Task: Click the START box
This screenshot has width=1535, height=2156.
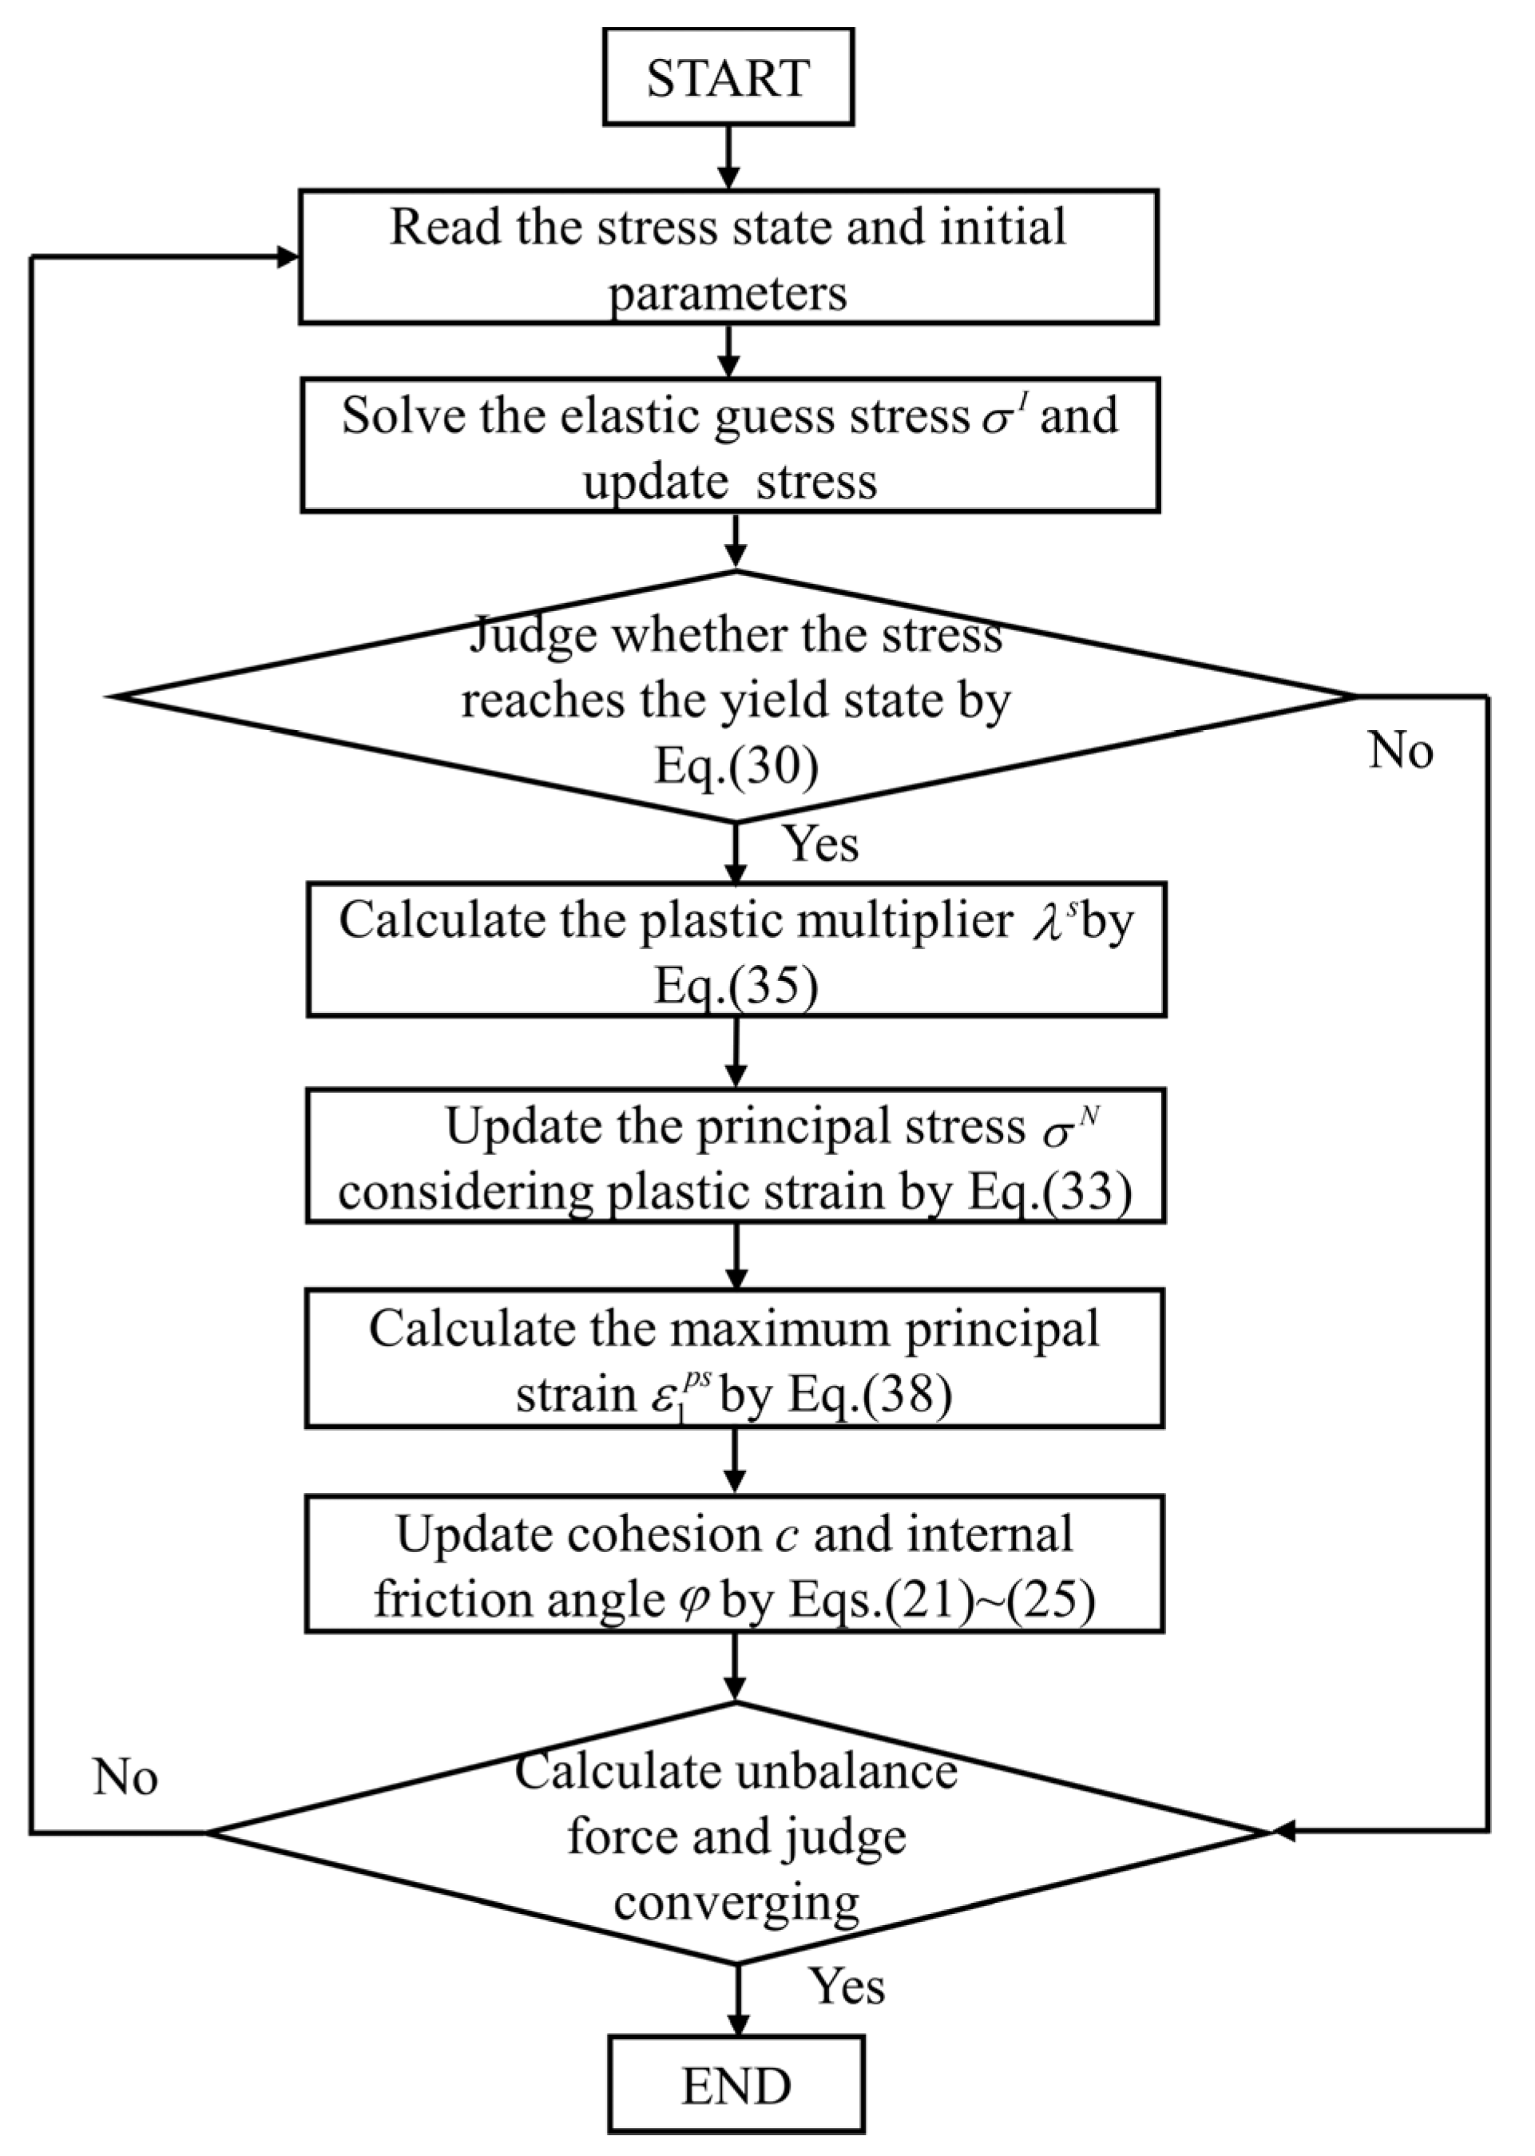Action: (x=728, y=77)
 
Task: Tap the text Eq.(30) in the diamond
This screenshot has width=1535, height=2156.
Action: (x=736, y=767)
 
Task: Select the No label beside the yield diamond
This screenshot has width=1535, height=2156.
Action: (x=1400, y=752)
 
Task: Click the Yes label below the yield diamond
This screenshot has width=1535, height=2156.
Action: (x=821, y=844)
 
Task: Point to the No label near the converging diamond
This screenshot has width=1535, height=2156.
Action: (x=125, y=1778)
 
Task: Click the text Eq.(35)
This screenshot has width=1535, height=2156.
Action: (x=736, y=986)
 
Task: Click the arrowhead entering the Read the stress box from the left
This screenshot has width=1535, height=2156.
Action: (x=288, y=257)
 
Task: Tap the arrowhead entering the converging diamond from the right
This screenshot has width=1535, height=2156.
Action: (x=1283, y=1831)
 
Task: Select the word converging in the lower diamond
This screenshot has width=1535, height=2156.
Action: (x=736, y=1901)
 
